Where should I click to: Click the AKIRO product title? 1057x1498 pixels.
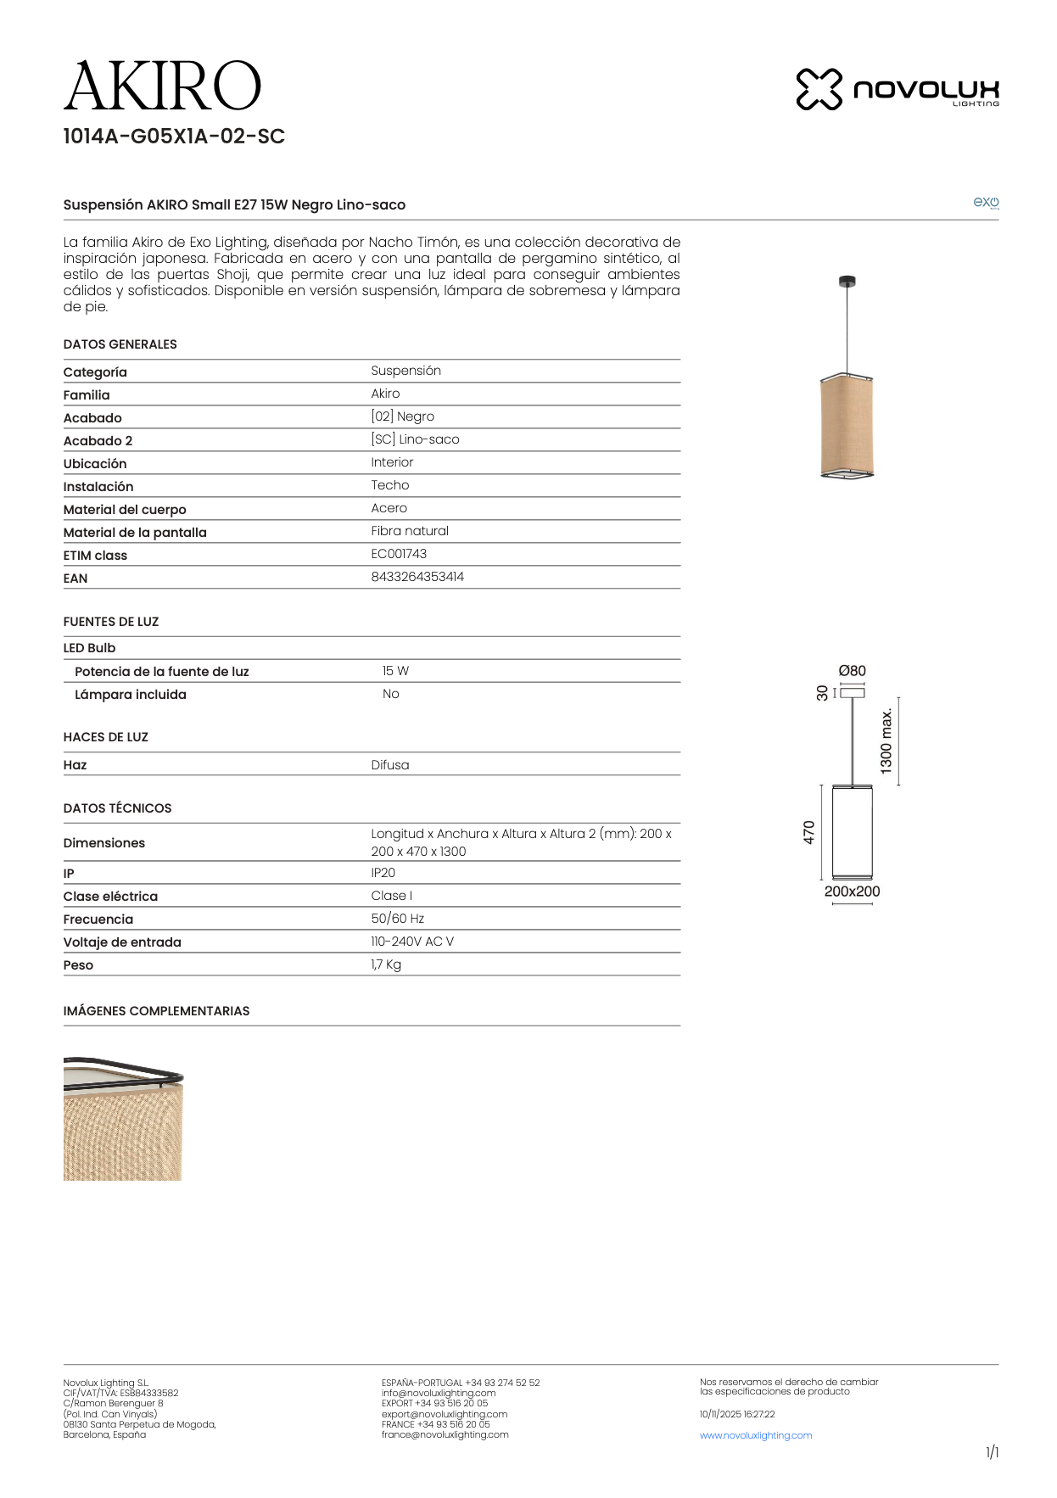(x=162, y=87)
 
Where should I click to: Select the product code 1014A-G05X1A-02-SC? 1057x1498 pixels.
(x=174, y=137)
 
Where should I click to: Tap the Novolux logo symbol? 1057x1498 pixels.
(x=819, y=89)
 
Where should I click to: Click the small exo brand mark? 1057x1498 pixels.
(x=986, y=202)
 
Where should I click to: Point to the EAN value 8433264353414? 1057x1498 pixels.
(x=417, y=577)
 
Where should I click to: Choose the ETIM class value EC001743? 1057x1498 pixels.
(x=399, y=554)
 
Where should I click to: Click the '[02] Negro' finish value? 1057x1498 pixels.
(x=402, y=416)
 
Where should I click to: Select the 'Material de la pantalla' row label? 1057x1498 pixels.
(x=135, y=533)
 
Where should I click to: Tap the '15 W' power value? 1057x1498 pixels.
(x=395, y=671)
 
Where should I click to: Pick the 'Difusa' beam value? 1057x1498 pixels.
(x=390, y=765)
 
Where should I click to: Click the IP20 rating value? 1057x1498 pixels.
(x=383, y=873)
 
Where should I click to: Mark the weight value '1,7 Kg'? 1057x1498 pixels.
(x=386, y=964)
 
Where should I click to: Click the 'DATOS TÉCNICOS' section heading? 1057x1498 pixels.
(x=117, y=808)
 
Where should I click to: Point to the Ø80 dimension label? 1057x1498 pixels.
(x=852, y=671)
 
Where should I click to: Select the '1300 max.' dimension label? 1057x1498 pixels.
(x=886, y=741)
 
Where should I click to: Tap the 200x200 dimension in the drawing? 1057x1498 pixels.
(x=852, y=892)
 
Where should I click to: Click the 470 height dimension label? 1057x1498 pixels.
(x=809, y=832)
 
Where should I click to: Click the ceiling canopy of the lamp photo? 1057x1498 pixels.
(x=847, y=282)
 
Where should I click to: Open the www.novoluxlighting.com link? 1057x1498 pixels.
(x=756, y=1435)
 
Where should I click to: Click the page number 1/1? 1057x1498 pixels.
(x=992, y=1452)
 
